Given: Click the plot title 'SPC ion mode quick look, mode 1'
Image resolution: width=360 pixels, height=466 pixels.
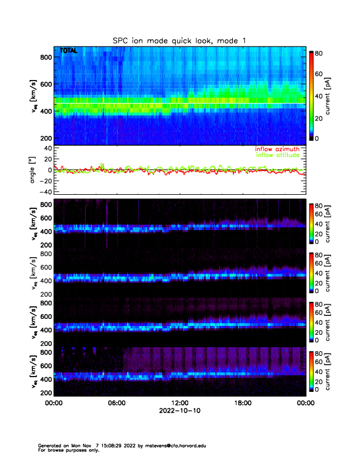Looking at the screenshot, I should tap(179, 40).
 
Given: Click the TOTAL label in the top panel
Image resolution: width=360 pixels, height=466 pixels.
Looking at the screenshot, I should tap(69, 51).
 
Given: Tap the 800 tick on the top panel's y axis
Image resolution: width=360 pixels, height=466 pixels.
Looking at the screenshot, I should tap(45, 57).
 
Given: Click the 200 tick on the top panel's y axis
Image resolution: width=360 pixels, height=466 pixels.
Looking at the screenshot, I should tap(45, 138).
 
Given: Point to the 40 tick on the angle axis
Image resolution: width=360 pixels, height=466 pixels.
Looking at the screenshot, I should tap(47, 148).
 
